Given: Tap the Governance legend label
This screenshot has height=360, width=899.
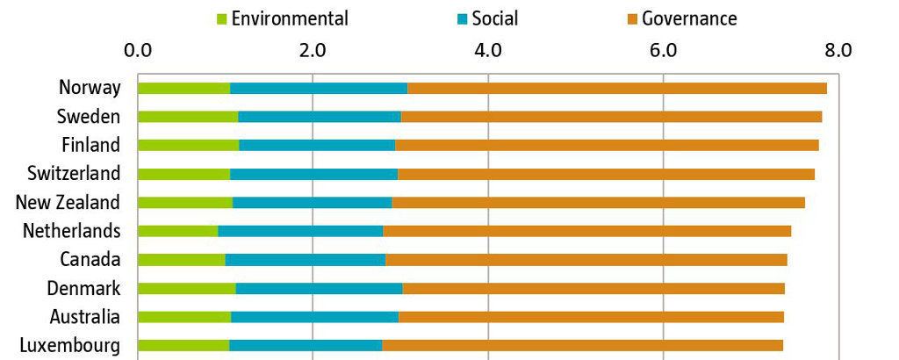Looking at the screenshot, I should pyautogui.click(x=689, y=18).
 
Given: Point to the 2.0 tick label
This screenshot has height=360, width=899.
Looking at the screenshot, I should pyautogui.click(x=313, y=50).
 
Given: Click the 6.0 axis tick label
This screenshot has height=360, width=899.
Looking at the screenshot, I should pyautogui.click(x=663, y=50).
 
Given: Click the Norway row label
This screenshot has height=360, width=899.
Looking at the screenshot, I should pyautogui.click(x=89, y=88).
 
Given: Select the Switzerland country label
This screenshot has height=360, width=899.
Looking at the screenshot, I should pyautogui.click(x=73, y=174).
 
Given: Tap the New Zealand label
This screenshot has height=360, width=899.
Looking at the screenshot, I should pyautogui.click(x=68, y=203).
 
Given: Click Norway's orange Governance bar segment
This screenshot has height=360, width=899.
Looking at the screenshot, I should pyautogui.click(x=617, y=88).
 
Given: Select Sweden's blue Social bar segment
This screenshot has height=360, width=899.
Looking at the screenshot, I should pyautogui.click(x=320, y=117).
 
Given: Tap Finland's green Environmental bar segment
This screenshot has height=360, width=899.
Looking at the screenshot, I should pyautogui.click(x=188, y=145).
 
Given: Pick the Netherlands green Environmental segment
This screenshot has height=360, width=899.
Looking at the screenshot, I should pyautogui.click(x=178, y=231).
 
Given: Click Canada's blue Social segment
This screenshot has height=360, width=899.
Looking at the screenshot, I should pyautogui.click(x=306, y=260).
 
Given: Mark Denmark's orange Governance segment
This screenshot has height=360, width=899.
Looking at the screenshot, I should pyautogui.click(x=593, y=288).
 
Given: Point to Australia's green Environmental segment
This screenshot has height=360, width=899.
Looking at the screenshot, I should pyautogui.click(x=184, y=317).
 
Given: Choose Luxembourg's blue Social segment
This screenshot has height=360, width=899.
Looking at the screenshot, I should pyautogui.click(x=306, y=345).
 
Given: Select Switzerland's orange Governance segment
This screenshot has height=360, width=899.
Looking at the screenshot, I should pyautogui.click(x=606, y=174).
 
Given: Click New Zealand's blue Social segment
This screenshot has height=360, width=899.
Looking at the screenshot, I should pyautogui.click(x=312, y=203).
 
